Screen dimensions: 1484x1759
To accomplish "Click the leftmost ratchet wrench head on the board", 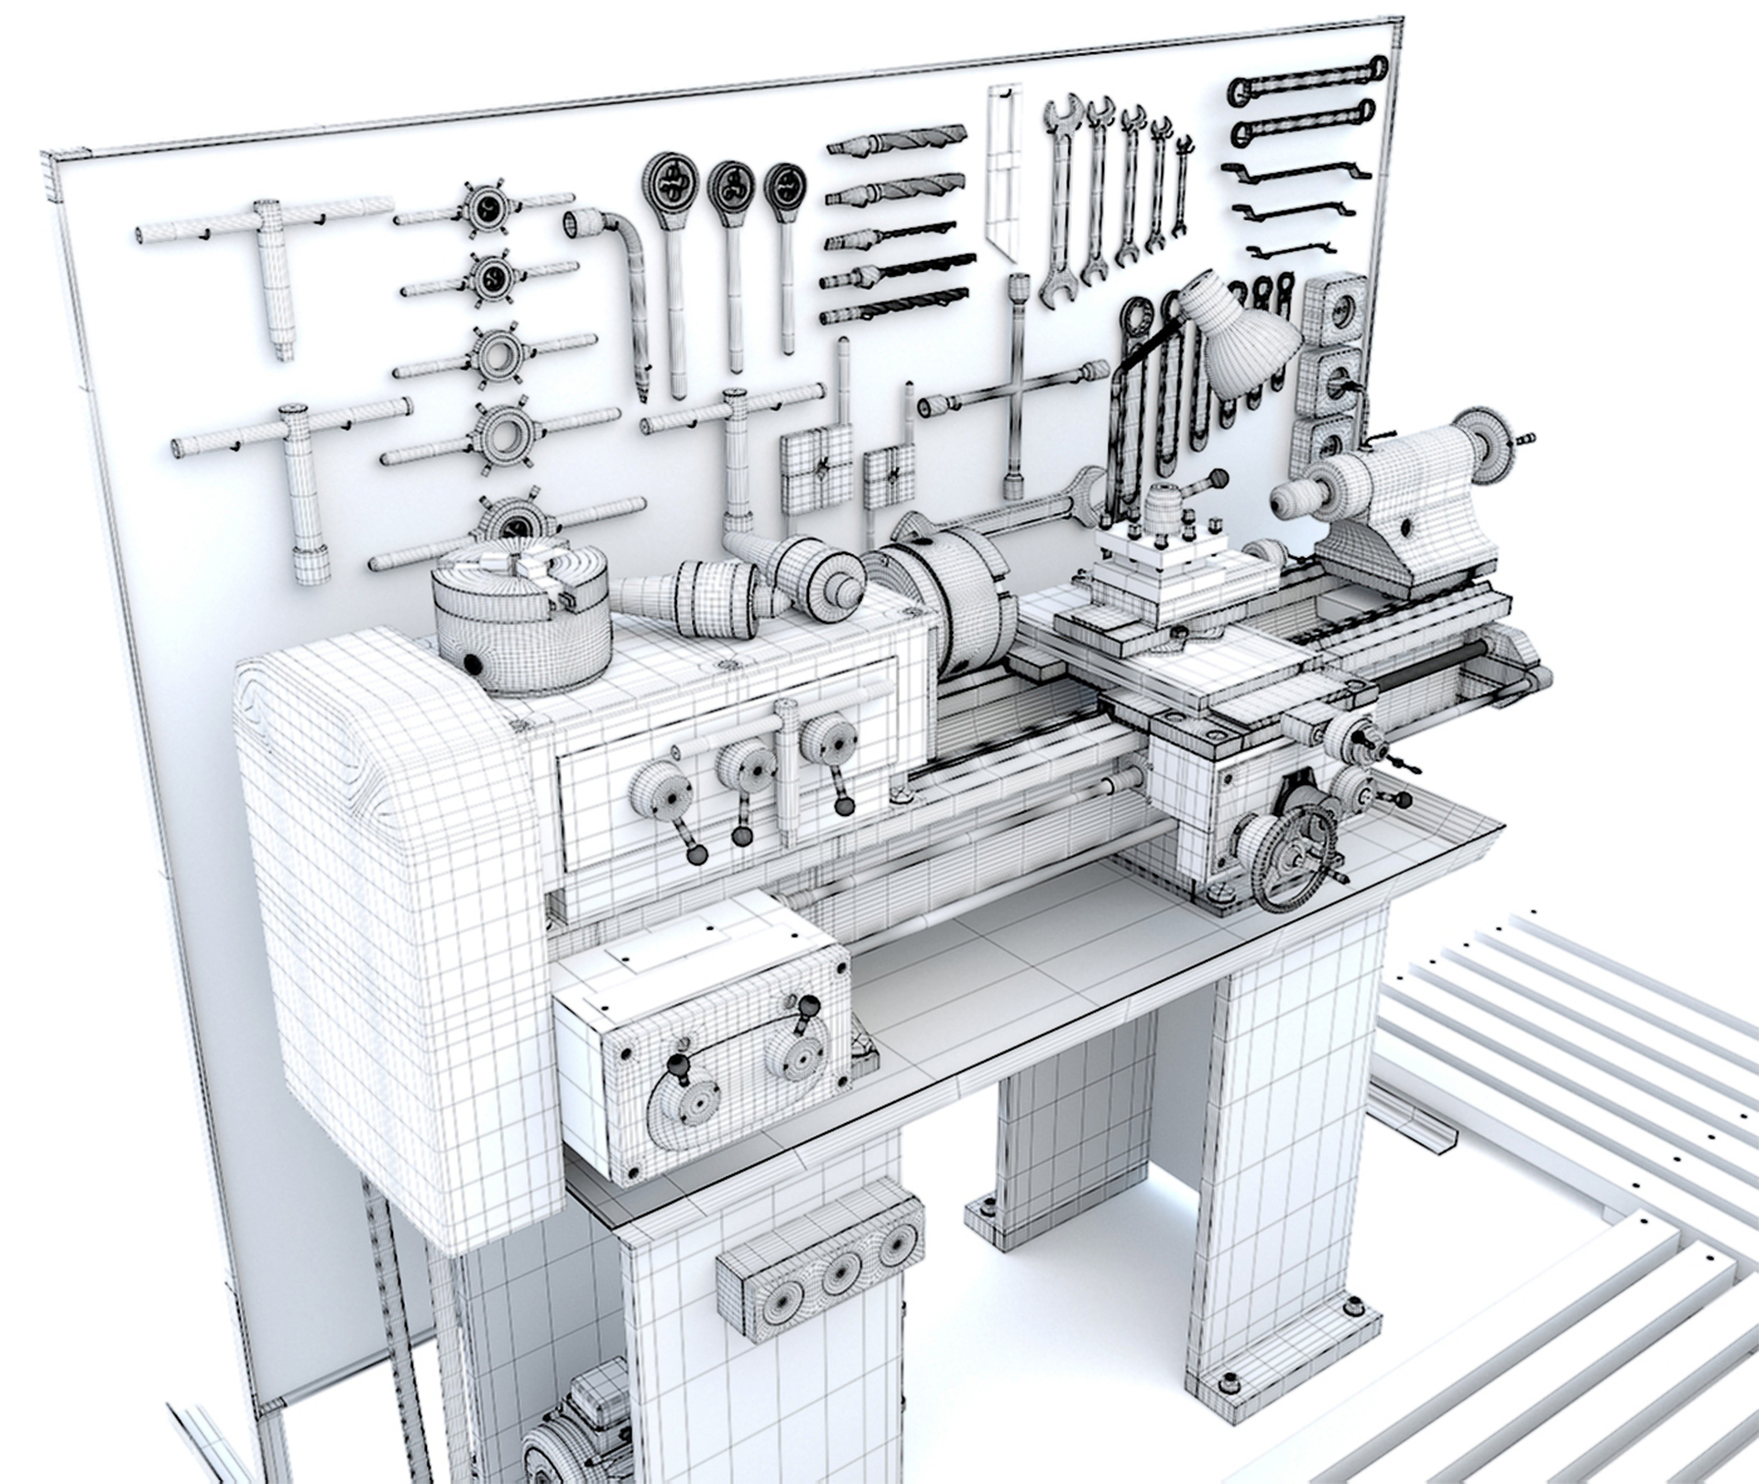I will point(670,182).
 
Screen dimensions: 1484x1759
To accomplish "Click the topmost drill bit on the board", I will point(898,140).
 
